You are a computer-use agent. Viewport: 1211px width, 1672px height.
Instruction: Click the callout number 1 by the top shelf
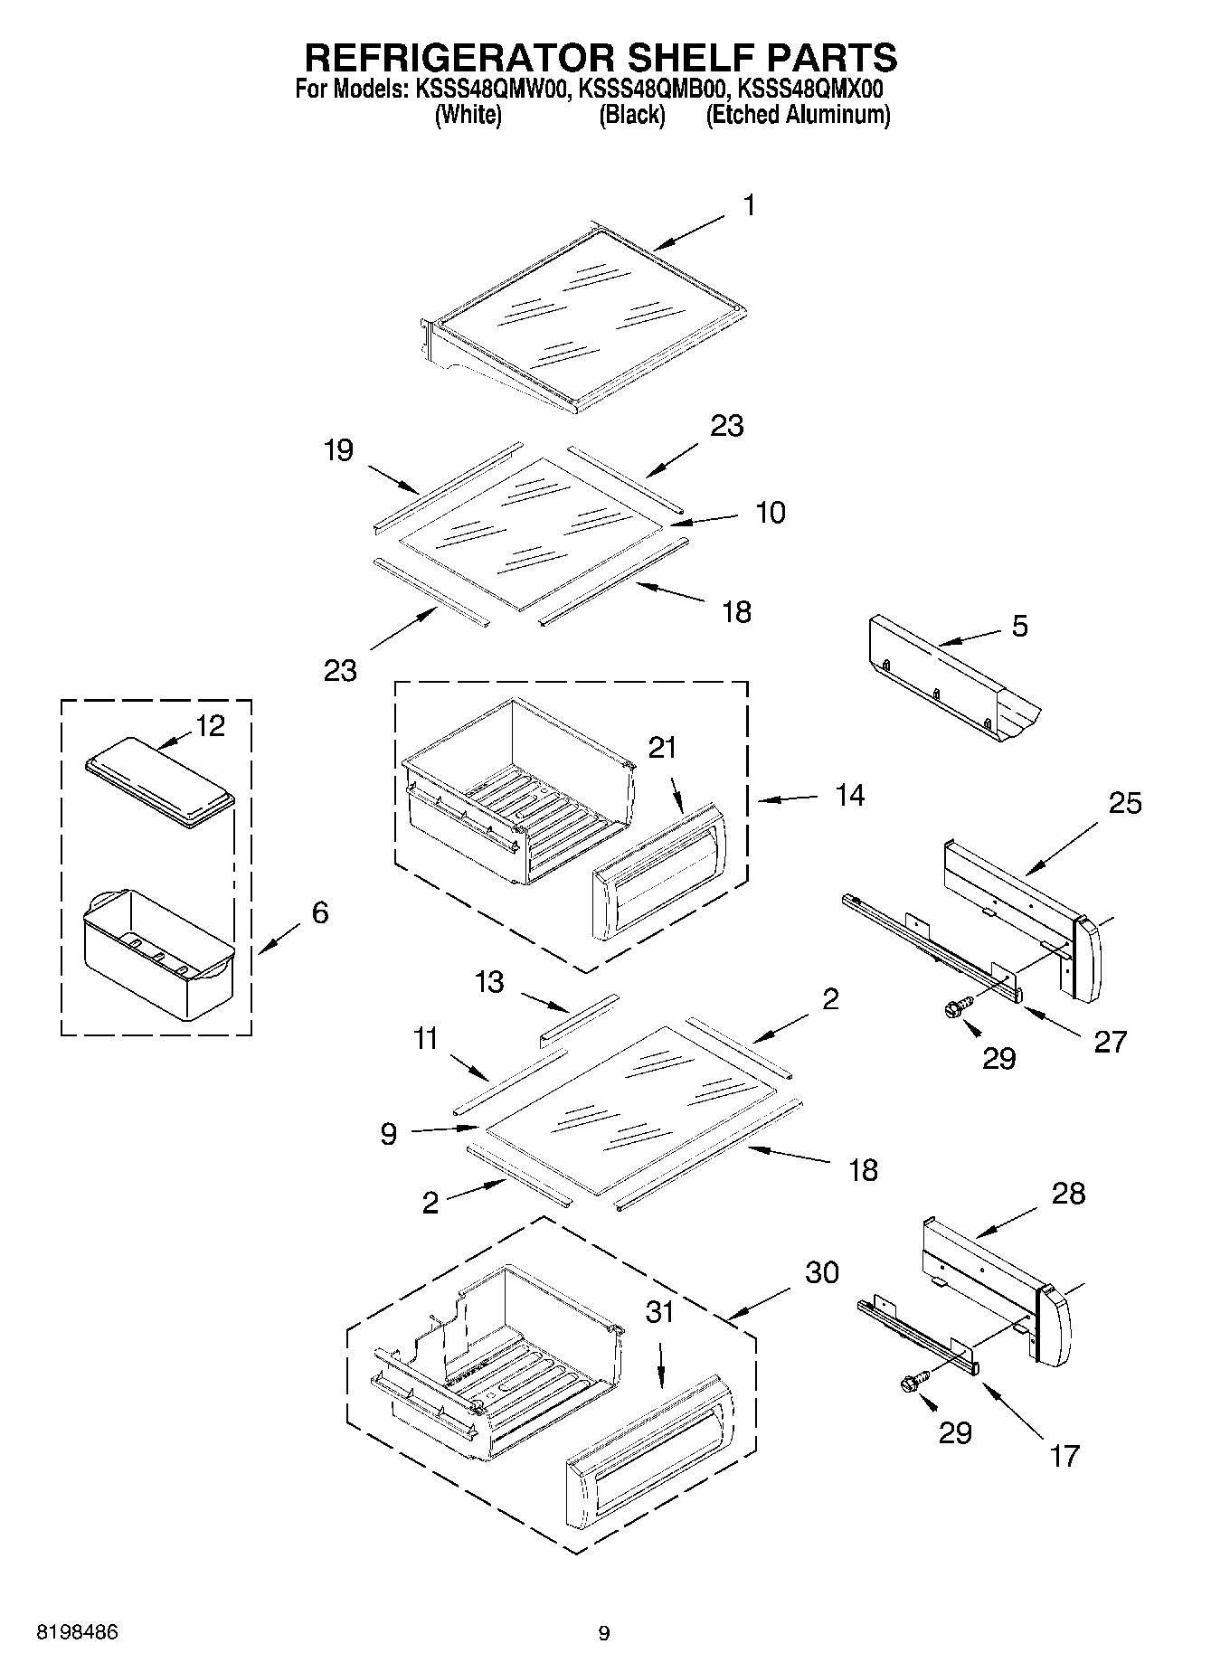pyautogui.click(x=749, y=206)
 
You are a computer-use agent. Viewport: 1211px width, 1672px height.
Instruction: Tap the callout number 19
pyautogui.click(x=338, y=450)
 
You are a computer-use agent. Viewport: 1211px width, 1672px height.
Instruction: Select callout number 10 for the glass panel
pyautogui.click(x=770, y=513)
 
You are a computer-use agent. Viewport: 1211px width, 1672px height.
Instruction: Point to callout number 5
pyautogui.click(x=1019, y=626)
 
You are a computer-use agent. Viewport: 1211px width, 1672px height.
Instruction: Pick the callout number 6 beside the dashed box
pyautogui.click(x=319, y=912)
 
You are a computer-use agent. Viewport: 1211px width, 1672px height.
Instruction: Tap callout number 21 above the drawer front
pyautogui.click(x=662, y=748)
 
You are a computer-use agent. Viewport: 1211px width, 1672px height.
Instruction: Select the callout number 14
pyautogui.click(x=849, y=796)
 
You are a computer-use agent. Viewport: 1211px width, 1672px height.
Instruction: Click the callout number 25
pyautogui.click(x=1124, y=803)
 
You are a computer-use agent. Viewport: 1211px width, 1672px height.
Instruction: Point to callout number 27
pyautogui.click(x=1111, y=1042)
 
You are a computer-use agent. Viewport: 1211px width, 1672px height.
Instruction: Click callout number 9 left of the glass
pyautogui.click(x=388, y=1133)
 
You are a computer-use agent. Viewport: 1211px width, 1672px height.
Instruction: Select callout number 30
pyautogui.click(x=822, y=1272)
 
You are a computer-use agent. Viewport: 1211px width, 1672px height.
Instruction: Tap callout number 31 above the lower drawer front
pyautogui.click(x=660, y=1312)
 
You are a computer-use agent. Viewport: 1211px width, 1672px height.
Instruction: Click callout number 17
pyautogui.click(x=1064, y=1456)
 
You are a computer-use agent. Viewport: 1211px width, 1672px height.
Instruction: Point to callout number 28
pyautogui.click(x=1068, y=1194)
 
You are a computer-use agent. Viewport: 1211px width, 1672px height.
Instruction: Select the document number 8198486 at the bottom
pyautogui.click(x=77, y=1632)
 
